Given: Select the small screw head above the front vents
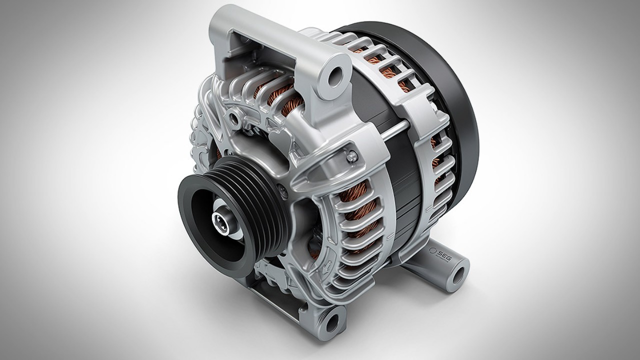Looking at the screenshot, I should pos(352,156).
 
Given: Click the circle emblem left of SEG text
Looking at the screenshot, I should pos(432,250).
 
